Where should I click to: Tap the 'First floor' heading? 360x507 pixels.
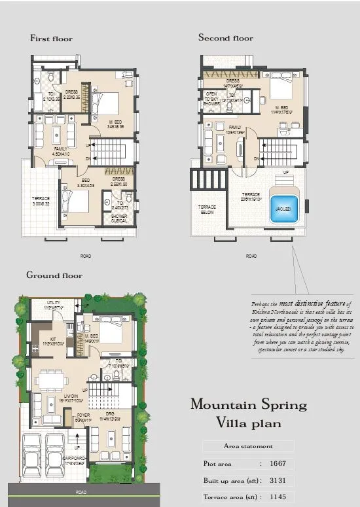tap(51, 39)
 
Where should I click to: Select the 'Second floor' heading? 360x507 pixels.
tap(226, 38)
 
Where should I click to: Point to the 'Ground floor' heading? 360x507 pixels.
tap(54, 275)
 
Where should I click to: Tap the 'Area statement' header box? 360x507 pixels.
tap(248, 446)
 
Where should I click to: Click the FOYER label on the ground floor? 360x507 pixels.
tap(83, 414)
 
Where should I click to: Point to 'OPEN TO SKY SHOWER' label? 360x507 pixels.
tap(211, 99)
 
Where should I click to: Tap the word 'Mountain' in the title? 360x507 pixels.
tap(223, 404)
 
